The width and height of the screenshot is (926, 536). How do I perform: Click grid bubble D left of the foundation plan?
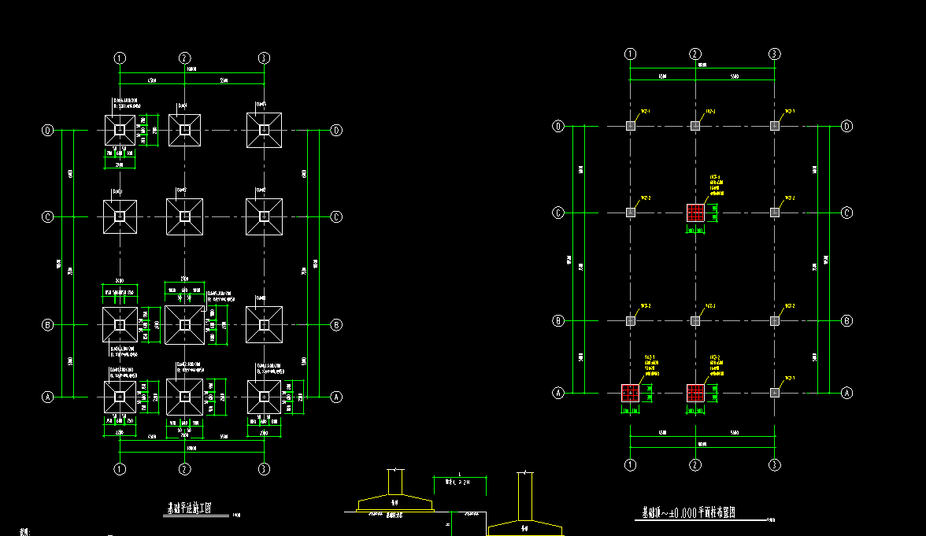coord(47,131)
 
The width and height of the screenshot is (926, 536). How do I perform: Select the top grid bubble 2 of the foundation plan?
coord(184,57)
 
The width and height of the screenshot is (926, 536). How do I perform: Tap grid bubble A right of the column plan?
coord(847,392)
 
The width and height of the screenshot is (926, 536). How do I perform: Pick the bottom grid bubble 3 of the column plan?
coord(775,464)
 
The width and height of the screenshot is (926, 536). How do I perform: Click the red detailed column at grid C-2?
coord(695,213)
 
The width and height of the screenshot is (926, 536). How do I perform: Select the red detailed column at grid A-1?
coord(630,392)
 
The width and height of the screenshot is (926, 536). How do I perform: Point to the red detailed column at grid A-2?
coord(695,392)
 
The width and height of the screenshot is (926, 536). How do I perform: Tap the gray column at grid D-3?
coord(775,126)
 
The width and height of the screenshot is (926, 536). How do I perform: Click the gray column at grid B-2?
coord(695,320)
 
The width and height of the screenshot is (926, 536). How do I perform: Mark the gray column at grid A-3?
coord(775,392)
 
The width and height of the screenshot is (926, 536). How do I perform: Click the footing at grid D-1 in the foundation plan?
coord(120,130)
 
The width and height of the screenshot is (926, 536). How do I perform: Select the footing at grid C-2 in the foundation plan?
coord(184,216)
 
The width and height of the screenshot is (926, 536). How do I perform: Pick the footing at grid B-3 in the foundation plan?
coord(265,324)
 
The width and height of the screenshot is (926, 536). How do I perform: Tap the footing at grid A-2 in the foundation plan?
coord(184,397)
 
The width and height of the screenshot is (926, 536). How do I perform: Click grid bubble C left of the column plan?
coord(558,213)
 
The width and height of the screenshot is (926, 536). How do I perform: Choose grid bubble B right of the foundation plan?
coord(336,324)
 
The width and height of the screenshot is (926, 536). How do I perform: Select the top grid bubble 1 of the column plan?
coord(630,54)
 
